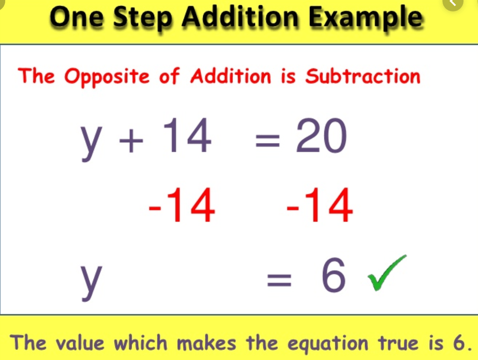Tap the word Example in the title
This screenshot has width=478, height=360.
tap(366, 18)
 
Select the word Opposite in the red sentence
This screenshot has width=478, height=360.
tap(107, 76)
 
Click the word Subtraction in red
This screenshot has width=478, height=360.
tap(363, 76)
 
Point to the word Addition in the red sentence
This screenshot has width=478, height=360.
tap(230, 76)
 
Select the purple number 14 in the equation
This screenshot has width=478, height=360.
tap(187, 135)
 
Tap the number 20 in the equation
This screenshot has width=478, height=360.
tap(321, 135)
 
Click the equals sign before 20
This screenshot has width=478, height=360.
tap(267, 141)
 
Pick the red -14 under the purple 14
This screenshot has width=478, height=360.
tap(182, 205)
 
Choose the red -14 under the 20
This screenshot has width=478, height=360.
tap(320, 205)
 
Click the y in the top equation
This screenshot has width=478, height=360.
tap(91, 143)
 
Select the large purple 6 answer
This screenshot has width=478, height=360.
tap(334, 275)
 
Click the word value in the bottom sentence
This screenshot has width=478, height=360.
tap(80, 342)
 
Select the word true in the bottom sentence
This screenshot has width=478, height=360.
tap(399, 342)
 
